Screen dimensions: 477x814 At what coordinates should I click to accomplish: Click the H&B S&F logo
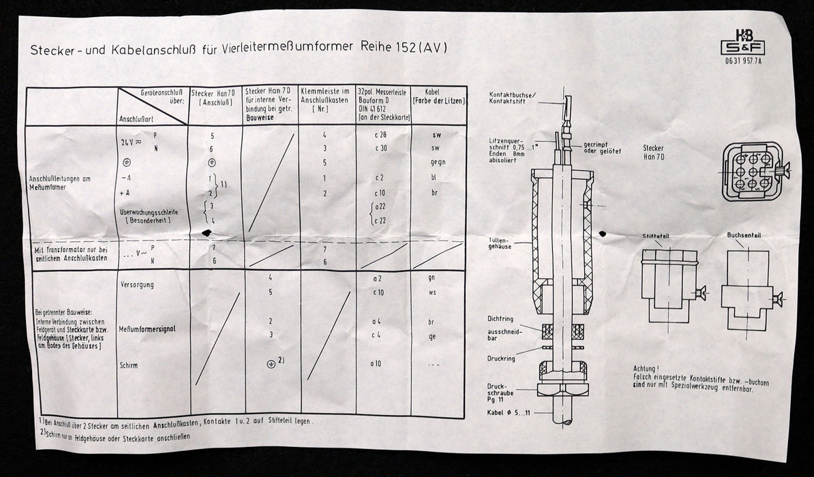(x=742, y=42)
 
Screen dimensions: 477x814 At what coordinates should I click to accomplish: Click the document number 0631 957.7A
(x=742, y=63)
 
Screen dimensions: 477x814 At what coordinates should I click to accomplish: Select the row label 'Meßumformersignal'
(x=147, y=329)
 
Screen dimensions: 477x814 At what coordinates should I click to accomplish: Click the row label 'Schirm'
(x=128, y=365)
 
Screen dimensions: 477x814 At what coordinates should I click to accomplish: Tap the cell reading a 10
(x=376, y=363)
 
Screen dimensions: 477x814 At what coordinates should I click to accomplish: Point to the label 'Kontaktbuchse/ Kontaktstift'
(x=512, y=97)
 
